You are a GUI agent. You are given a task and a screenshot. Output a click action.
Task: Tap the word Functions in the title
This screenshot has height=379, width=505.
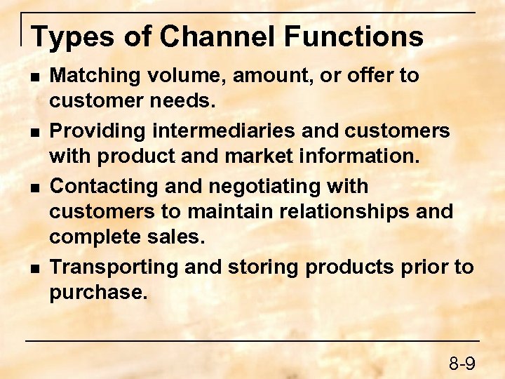[x=350, y=36]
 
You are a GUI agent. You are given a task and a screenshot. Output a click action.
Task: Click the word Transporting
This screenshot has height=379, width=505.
[x=109, y=267]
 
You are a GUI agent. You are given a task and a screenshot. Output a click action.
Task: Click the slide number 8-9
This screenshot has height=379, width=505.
[x=462, y=363]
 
